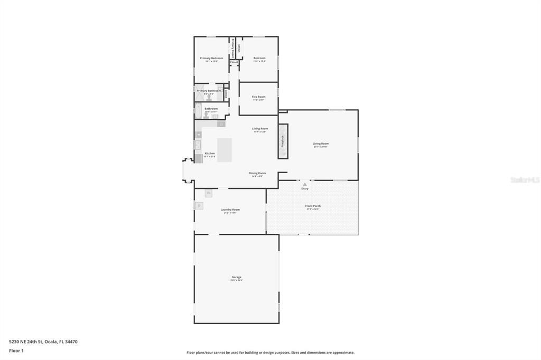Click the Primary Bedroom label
click(211, 58)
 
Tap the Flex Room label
click(258, 97)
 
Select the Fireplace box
click(283, 141)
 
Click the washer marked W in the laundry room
click(208, 193)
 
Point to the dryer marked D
click(199, 205)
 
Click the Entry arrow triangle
click(305, 184)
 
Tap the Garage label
click(236, 277)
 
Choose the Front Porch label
click(313, 206)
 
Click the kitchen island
click(225, 150)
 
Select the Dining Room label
click(257, 173)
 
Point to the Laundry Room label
click(230, 210)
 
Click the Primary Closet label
click(232, 48)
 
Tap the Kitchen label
click(210, 154)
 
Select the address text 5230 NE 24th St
click(26, 342)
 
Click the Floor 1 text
click(16, 350)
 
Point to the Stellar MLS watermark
click(525, 180)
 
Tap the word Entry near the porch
click(305, 188)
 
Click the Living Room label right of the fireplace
click(321, 144)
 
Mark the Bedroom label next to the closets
click(259, 58)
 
